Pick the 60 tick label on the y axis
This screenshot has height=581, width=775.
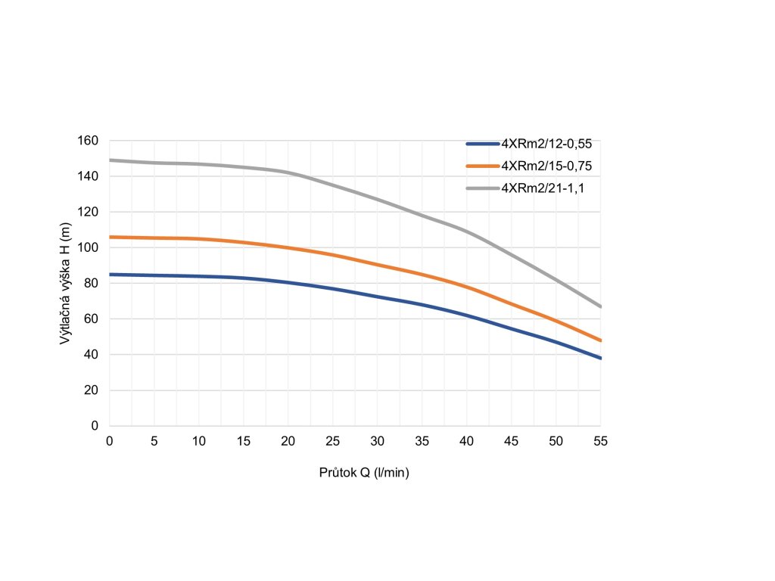click(92, 318)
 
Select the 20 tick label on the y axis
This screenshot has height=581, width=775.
click(92, 390)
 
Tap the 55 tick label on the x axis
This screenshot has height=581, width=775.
click(601, 441)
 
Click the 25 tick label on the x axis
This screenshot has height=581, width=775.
click(333, 441)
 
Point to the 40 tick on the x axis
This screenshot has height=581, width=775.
click(467, 441)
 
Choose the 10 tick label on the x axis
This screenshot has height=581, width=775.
click(199, 441)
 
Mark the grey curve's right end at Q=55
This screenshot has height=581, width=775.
click(601, 306)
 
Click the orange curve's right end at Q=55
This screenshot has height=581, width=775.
click(601, 340)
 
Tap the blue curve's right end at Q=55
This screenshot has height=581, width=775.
click(601, 358)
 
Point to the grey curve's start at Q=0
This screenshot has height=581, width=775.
click(110, 160)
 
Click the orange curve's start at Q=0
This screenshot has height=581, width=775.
click(110, 237)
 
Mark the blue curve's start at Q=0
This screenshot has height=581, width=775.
click(110, 275)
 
